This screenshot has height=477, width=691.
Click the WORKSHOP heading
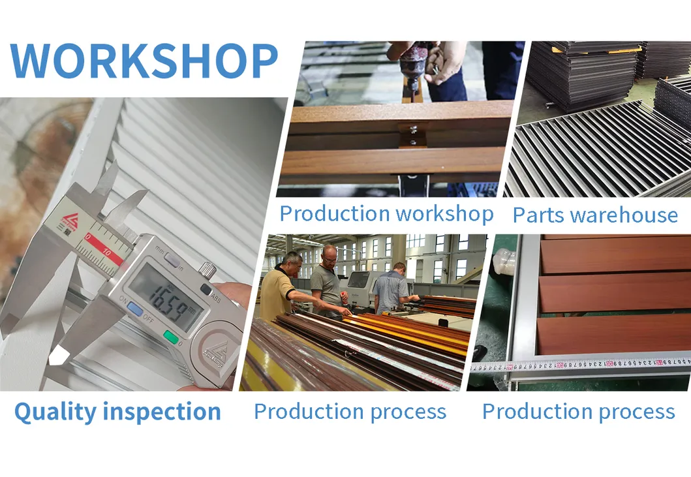[x=144, y=62]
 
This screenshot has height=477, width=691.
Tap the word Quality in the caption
[x=55, y=412]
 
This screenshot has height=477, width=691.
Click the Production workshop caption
[x=386, y=213]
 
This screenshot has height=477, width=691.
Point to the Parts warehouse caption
[x=595, y=215]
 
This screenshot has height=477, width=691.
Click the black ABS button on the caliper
[x=206, y=290]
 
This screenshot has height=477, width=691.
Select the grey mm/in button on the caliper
[x=172, y=260]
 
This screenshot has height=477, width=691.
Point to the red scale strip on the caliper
[x=104, y=251]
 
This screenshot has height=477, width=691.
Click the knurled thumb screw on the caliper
[x=207, y=268]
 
